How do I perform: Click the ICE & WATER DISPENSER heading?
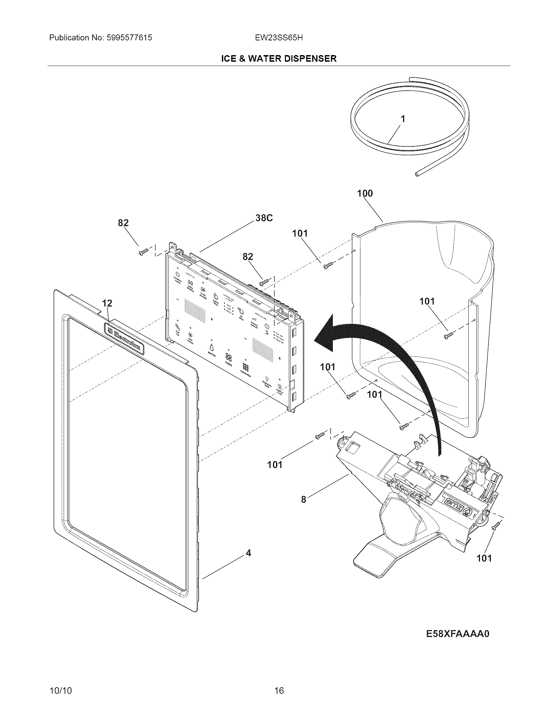(279, 58)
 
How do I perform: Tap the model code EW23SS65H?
(279, 38)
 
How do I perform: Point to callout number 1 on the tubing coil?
(403, 119)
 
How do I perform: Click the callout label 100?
(365, 193)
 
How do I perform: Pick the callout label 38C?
(264, 218)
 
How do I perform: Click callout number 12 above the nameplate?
(107, 303)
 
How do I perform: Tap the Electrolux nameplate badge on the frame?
(124, 339)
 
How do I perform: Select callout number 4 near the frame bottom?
(248, 553)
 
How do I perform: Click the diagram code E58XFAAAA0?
(457, 634)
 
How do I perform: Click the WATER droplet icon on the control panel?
(211, 347)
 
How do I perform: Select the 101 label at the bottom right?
(484, 558)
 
